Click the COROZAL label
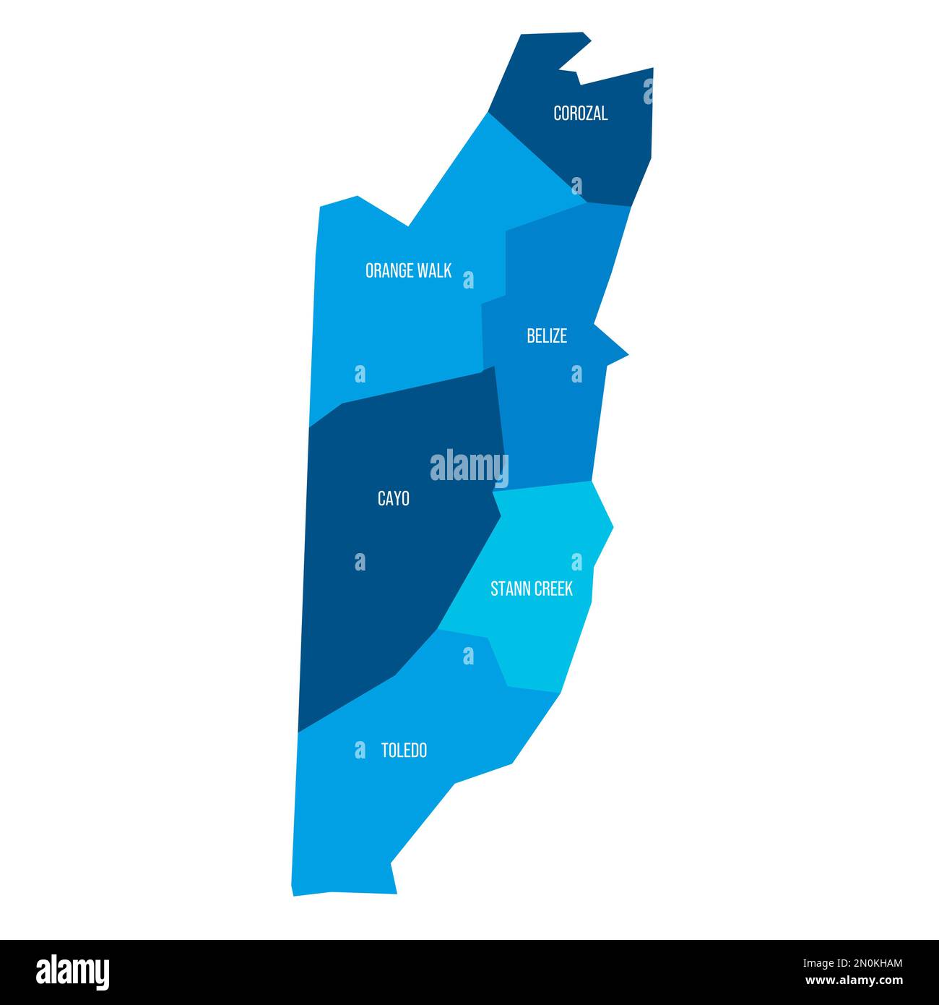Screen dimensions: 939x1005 tap(580, 114)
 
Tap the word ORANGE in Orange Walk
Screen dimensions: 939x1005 tap(389, 271)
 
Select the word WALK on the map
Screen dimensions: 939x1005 tap(434, 271)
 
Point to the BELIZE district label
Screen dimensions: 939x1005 tap(547, 336)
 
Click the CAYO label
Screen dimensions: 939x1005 tap(394, 499)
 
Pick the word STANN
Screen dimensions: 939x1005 tap(510, 589)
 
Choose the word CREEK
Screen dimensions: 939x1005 tap(553, 589)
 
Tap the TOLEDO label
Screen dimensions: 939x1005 tap(404, 751)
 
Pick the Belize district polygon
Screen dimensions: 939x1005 tap(549, 419)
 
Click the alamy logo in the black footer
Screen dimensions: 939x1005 tap(72, 972)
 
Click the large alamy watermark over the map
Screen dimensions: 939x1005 tap(469, 468)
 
